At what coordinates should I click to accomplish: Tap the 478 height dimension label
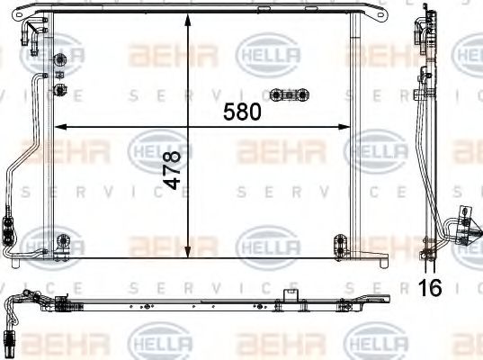pyautogui.click(x=172, y=168)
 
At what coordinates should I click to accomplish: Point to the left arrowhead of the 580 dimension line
pyautogui.click(x=58, y=125)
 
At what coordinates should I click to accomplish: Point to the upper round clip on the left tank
pyautogui.click(x=60, y=61)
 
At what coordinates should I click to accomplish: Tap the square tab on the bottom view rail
pyautogui.click(x=288, y=294)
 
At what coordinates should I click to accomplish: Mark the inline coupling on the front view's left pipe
pyautogui.click(x=9, y=229)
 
